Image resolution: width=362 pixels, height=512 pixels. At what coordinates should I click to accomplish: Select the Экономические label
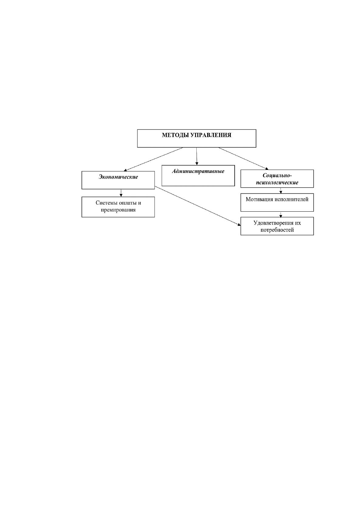[x=118, y=177]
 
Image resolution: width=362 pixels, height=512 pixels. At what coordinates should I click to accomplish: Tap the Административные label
[x=198, y=171]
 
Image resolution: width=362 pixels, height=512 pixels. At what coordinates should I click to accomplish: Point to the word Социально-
[x=277, y=175]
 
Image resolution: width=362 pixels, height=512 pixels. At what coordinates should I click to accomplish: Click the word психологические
[x=277, y=183]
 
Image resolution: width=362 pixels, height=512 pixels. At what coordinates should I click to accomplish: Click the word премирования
[x=118, y=210]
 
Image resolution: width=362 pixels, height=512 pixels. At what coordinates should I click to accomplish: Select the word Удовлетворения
[x=273, y=223]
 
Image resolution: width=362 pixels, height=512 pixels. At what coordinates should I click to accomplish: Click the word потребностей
[x=277, y=230]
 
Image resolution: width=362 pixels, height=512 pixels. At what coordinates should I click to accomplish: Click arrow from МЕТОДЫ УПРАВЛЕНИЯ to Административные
[x=197, y=156]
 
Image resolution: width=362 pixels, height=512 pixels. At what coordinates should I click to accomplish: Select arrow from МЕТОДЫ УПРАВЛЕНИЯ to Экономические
[x=153, y=159]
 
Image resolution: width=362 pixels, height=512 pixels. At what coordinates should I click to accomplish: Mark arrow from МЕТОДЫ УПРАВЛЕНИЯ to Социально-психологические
[x=243, y=158]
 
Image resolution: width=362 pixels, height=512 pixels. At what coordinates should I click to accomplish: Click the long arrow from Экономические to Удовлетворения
[x=198, y=206]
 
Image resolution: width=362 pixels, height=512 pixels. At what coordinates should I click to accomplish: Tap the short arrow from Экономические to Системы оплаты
[x=121, y=193]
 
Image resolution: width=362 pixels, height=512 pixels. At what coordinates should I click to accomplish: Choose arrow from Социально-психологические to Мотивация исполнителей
[x=281, y=191]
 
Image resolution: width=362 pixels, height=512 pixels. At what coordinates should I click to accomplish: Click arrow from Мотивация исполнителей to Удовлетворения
[x=281, y=214]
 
